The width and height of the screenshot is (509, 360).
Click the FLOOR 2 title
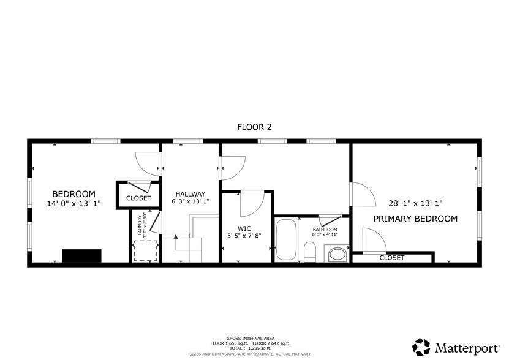pos(254,127)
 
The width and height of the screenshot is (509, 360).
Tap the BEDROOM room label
pos(74,193)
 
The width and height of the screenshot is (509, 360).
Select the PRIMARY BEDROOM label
pos(415,219)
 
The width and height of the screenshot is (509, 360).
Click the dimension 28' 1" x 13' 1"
pos(415,203)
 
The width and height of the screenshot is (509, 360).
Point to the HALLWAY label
pos(190,194)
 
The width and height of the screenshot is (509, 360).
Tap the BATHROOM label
pos(325,230)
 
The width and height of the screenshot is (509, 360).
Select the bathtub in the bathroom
pos(286,239)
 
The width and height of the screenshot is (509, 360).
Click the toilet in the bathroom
pos(310,252)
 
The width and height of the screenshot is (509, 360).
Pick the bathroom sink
pos(336,253)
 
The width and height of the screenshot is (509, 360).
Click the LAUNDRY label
pos(140,225)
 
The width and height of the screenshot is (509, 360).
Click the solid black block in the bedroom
pos(81,256)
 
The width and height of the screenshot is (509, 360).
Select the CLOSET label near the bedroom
pos(138,198)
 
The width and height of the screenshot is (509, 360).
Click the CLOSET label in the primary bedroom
pos(391,258)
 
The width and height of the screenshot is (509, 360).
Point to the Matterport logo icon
pos(421,347)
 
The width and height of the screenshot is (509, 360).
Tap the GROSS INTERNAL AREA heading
pos(250,338)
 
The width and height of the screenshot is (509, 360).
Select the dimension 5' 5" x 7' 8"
pos(245,234)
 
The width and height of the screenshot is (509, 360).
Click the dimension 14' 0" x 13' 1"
pos(74,204)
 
